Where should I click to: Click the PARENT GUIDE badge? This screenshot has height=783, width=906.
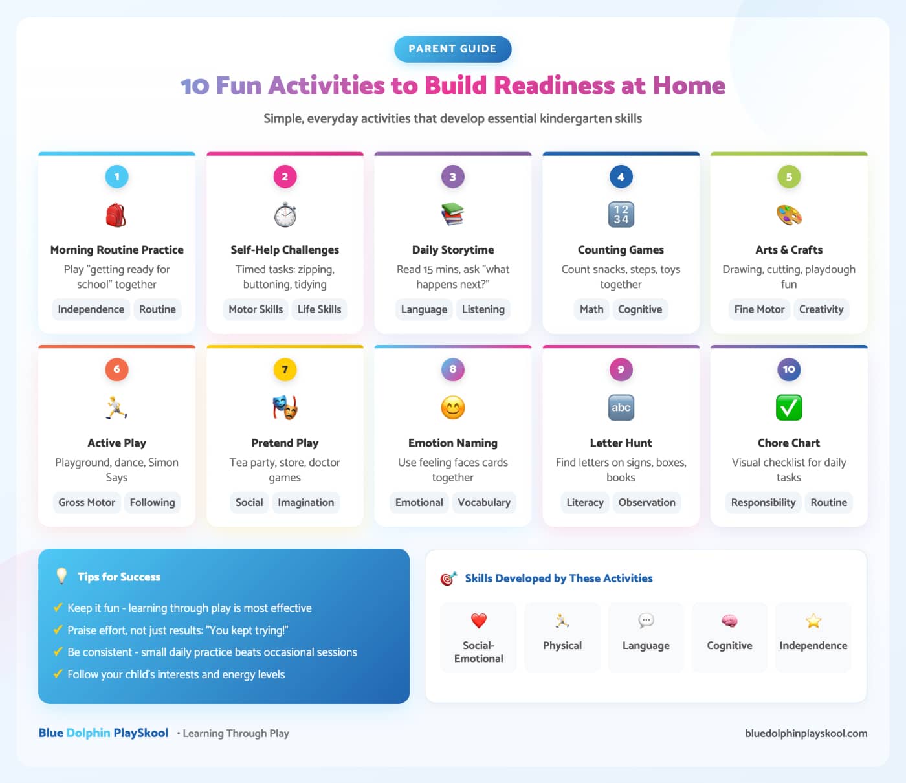(452, 49)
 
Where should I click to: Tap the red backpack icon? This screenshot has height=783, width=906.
(116, 215)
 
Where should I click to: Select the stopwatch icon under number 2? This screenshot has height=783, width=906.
(285, 214)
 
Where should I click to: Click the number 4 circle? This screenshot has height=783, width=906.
(621, 177)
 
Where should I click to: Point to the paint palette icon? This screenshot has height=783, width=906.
(788, 215)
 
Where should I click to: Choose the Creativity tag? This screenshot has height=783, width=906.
(821, 309)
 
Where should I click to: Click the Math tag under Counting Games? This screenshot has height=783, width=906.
(591, 309)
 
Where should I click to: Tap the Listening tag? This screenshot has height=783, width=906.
(483, 309)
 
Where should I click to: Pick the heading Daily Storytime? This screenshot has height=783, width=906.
(453, 250)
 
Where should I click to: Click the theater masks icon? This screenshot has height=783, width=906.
(285, 407)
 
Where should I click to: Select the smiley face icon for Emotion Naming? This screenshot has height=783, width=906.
(453, 407)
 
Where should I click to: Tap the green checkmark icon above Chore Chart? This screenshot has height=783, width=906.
(788, 407)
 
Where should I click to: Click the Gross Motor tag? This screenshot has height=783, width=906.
(86, 502)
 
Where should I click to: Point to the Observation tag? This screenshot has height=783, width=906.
(646, 502)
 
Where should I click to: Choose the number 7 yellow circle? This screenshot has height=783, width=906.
(285, 369)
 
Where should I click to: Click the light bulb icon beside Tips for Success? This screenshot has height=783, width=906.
(61, 576)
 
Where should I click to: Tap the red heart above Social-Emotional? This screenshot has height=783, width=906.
(478, 621)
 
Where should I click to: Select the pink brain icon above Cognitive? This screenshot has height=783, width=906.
(729, 621)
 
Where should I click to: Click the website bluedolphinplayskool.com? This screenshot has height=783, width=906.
(806, 733)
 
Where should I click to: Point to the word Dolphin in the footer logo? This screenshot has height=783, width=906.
(88, 733)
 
